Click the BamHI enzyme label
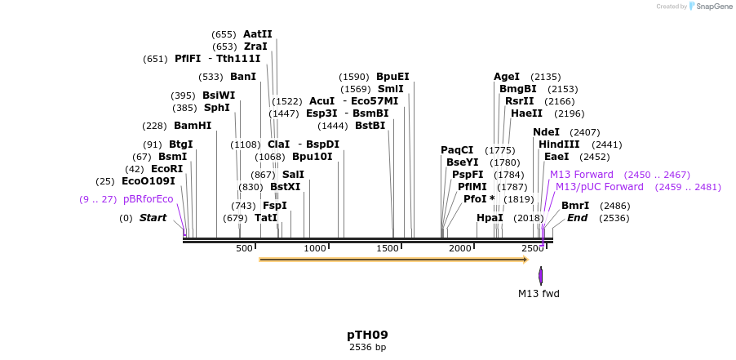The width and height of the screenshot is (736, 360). tap(193, 126)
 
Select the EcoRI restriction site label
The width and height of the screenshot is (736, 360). tap(166, 168)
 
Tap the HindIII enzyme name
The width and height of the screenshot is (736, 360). tap(559, 144)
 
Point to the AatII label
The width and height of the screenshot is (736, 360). tap(258, 34)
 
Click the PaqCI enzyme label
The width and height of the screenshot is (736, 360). tap(457, 150)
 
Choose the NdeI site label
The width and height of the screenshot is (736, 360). tap(546, 132)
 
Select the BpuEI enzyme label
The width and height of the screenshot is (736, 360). tap(392, 77)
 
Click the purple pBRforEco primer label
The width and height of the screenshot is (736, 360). tap(148, 199)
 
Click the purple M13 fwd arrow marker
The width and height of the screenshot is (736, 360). tap(540, 275)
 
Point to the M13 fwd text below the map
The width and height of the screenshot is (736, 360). tap(539, 294)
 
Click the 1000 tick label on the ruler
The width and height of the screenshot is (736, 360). tap(315, 248)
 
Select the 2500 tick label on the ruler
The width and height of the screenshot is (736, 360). tap(532, 248)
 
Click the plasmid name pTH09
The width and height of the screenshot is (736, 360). tap(367, 335)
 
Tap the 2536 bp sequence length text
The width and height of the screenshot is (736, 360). tap(367, 348)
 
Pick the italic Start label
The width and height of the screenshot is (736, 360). tap(153, 218)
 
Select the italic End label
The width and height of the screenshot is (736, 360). tap(577, 218)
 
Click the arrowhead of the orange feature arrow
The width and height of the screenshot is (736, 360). tap(525, 260)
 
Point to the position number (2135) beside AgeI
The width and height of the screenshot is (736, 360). tap(545, 77)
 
